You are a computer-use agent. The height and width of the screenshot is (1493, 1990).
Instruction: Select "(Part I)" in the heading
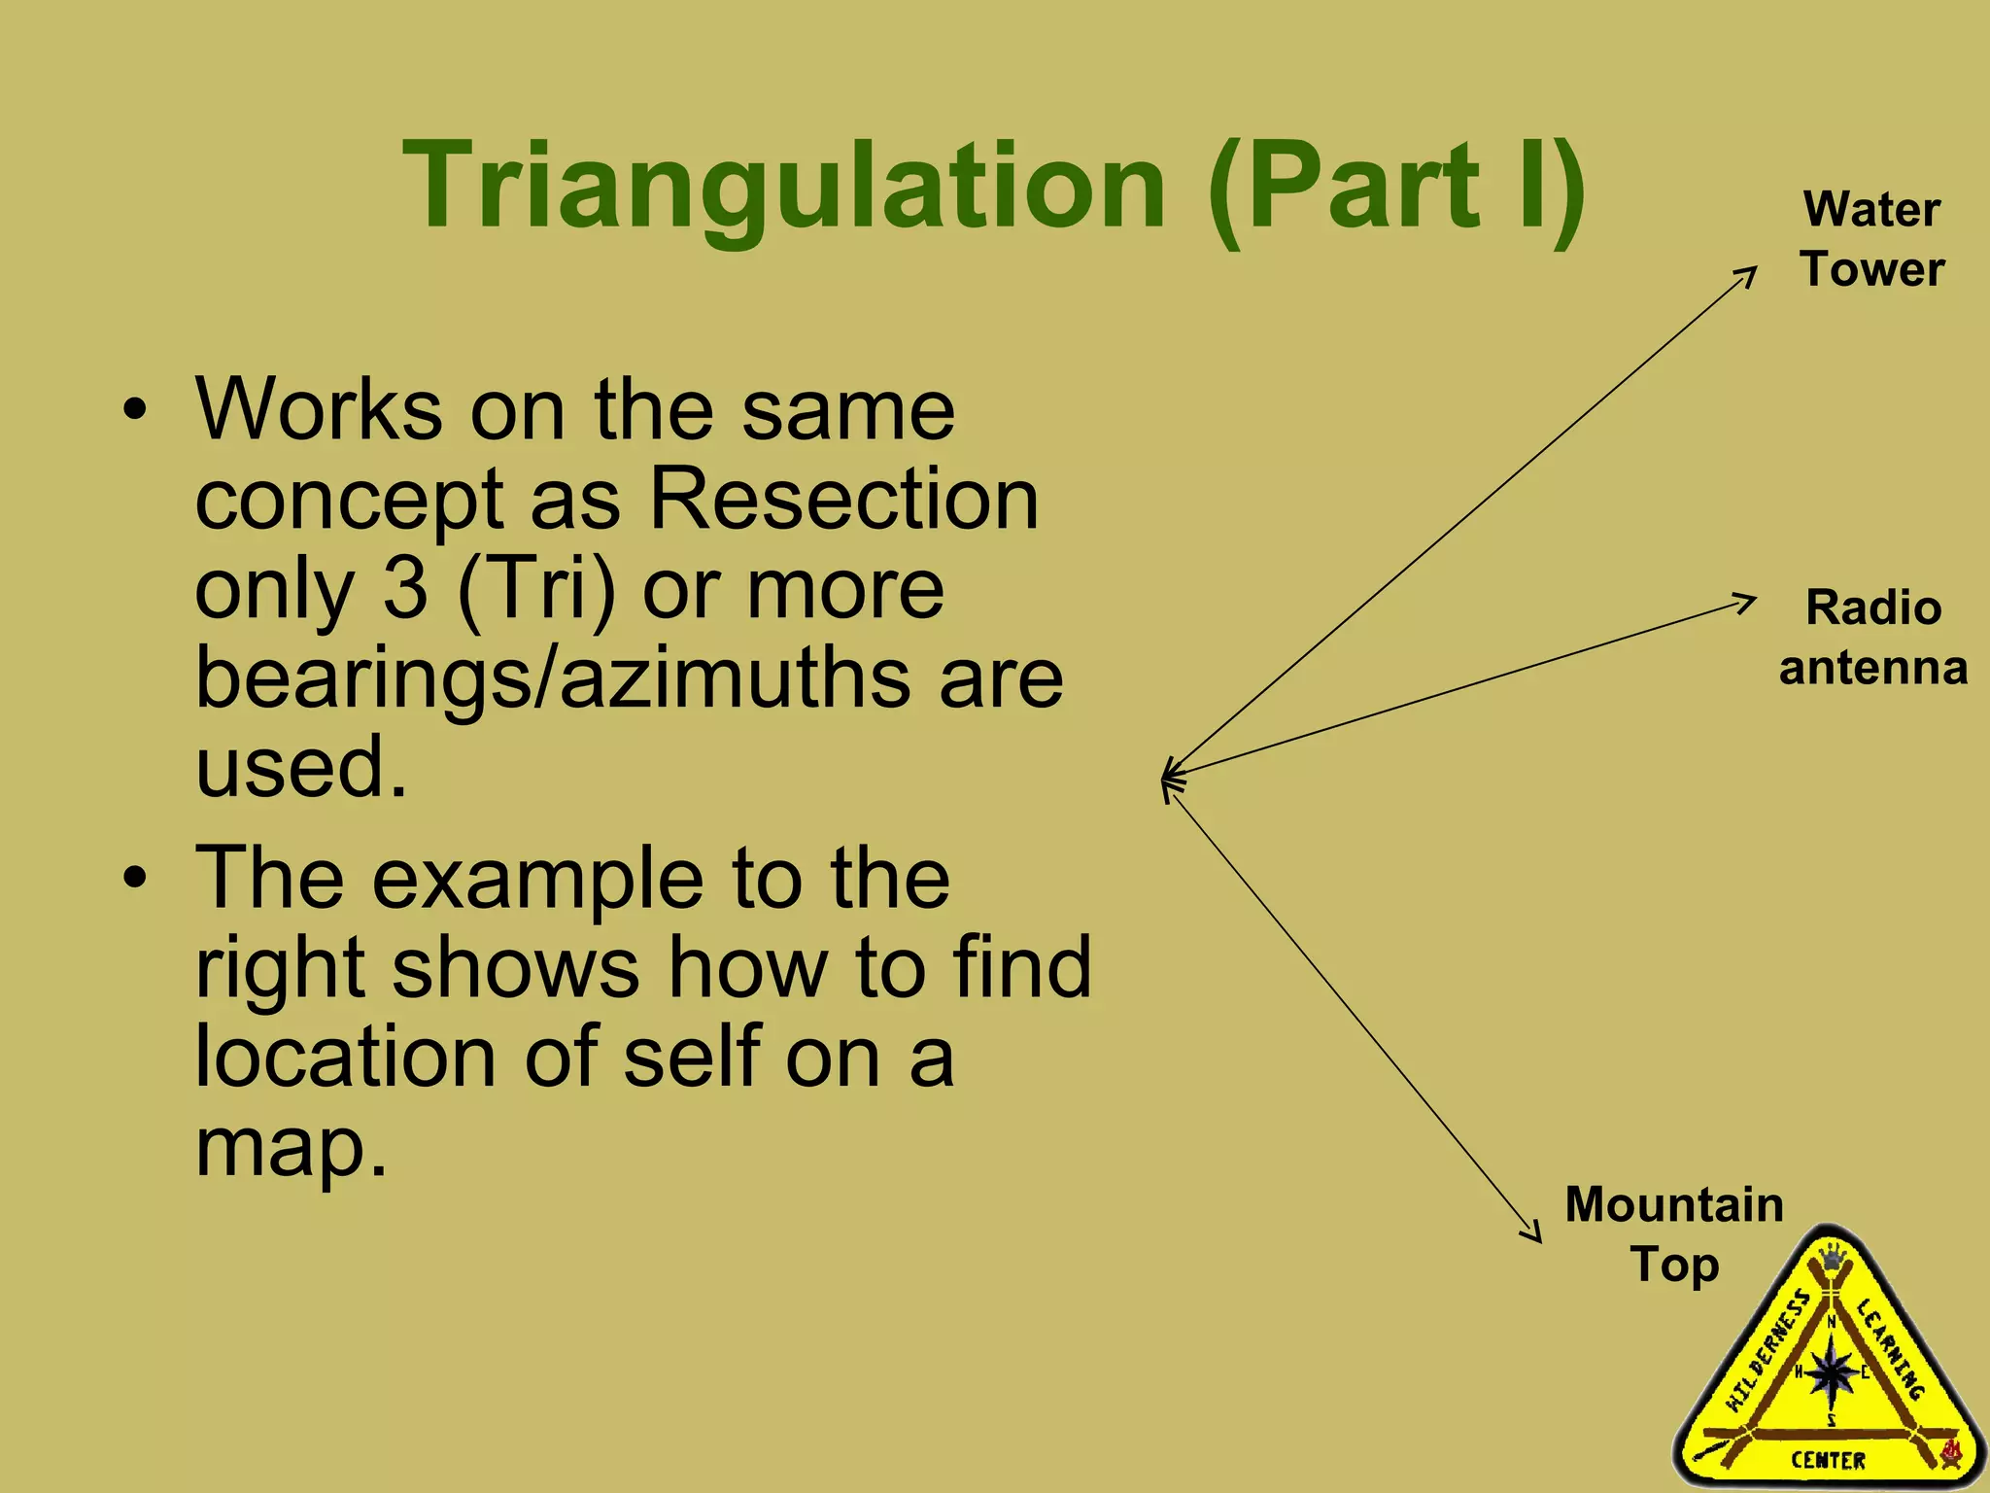[x=1397, y=187]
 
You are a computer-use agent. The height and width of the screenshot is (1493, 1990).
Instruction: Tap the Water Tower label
[x=1871, y=239]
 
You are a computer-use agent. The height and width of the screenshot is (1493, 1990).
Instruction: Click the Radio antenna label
[x=1873, y=638]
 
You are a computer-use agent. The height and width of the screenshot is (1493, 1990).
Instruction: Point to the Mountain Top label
[x=1674, y=1234]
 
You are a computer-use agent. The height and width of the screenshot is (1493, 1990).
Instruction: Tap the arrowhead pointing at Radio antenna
[x=1747, y=602]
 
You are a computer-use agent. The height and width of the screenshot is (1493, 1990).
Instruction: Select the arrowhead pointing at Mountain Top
[x=1533, y=1233]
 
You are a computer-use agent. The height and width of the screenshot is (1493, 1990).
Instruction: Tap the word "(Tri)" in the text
[x=535, y=590]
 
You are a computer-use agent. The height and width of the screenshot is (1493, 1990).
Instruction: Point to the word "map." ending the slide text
[x=291, y=1146]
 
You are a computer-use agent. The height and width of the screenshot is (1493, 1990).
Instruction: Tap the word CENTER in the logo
[x=1828, y=1460]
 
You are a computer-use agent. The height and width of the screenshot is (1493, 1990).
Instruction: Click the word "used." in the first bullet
[x=300, y=767]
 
